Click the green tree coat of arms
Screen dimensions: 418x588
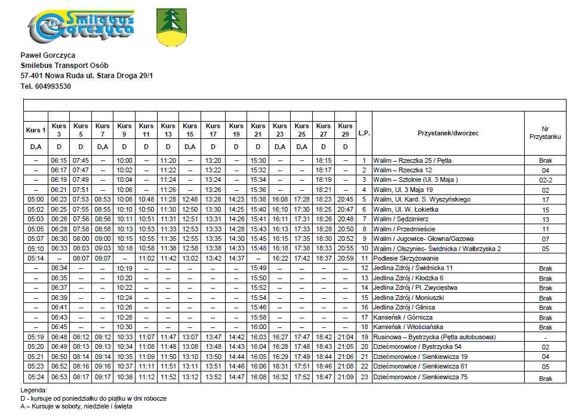170,27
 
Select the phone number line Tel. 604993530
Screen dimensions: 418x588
45,86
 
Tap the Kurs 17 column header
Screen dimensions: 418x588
213,129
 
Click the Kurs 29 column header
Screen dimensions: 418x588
345,129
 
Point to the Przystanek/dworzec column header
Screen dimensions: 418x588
448,133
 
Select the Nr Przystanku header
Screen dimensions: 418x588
545,133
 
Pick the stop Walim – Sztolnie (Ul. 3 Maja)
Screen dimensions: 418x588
415,179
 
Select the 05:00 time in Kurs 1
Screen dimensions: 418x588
36,199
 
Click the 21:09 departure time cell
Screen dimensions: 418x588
345,377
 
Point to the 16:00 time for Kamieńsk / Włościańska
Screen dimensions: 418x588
258,327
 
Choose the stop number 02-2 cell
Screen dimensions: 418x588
545,179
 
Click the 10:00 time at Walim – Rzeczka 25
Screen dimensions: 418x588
124,160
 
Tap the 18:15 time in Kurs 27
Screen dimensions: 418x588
324,160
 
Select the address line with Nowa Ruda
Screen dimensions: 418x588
87,76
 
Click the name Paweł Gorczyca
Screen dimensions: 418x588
48,55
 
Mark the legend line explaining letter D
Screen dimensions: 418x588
93,398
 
